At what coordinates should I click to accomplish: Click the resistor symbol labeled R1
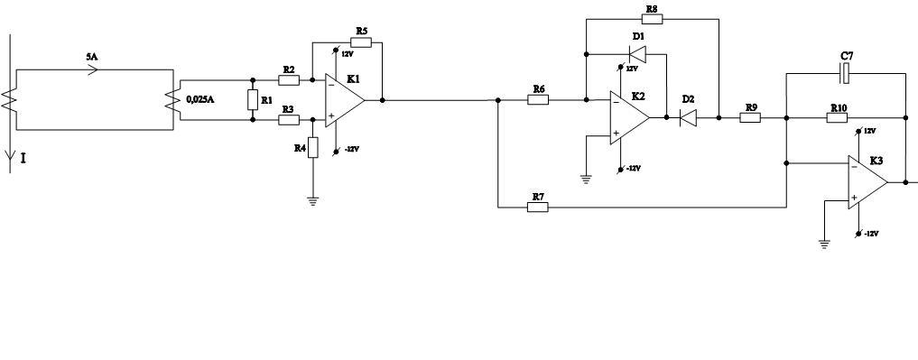[x=253, y=100]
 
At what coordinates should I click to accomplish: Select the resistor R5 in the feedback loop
[x=361, y=42]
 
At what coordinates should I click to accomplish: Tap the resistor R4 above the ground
[x=313, y=147]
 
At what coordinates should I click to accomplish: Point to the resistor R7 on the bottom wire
[x=538, y=208]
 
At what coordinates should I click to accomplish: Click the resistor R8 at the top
[x=653, y=19]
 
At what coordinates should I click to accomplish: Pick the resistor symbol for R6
[x=538, y=100]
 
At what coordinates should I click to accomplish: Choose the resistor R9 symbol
[x=750, y=117]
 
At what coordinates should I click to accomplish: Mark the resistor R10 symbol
[x=837, y=117]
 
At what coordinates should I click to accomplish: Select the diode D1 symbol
[x=637, y=54]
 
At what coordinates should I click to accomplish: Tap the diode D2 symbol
[x=688, y=117]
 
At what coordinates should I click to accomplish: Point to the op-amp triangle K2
[x=629, y=117]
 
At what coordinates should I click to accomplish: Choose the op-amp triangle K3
[x=867, y=182]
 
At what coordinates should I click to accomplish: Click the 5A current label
[x=91, y=57]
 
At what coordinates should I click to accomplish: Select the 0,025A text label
[x=200, y=99]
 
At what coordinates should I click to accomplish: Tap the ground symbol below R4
[x=313, y=201]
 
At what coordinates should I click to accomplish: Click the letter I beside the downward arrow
[x=23, y=158]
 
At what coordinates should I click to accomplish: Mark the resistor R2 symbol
[x=289, y=80]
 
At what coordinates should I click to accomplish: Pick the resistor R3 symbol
[x=289, y=119]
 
